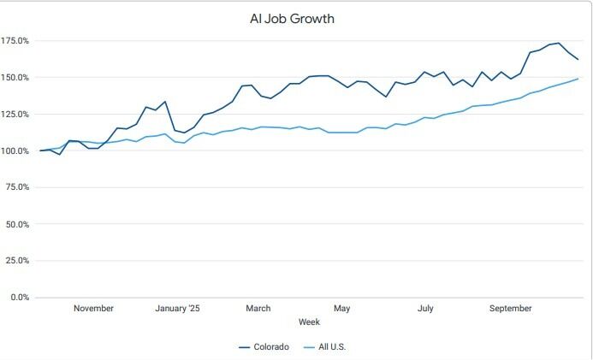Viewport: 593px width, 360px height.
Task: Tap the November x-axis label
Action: [93, 309]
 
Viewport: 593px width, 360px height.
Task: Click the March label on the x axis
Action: [258, 309]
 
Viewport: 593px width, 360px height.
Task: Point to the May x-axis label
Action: [342, 309]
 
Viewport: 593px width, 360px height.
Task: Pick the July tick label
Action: [425, 309]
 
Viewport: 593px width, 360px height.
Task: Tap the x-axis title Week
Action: [309, 322]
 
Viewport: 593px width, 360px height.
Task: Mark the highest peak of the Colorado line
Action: [559, 43]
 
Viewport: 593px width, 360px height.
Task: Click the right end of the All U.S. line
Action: [578, 79]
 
